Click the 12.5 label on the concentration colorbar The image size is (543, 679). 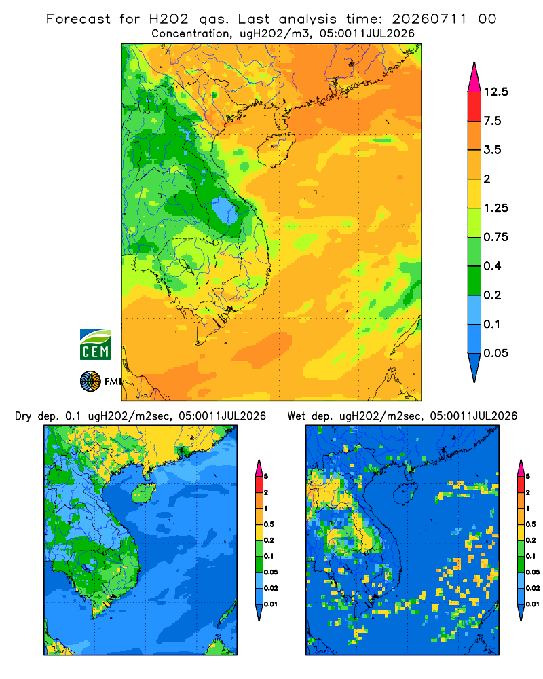(495, 92)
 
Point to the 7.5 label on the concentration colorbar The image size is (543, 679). (492, 121)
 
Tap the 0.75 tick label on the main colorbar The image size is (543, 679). (495, 237)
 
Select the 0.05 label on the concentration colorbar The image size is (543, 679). (495, 353)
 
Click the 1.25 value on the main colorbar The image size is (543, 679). (495, 208)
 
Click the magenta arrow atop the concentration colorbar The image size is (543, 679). (474, 77)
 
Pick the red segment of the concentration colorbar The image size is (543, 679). (474, 107)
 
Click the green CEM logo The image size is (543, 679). (95, 345)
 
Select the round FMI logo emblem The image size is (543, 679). (90, 382)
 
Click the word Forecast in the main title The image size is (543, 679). (78, 19)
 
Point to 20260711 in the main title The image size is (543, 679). (429, 19)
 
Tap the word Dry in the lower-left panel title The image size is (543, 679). (23, 416)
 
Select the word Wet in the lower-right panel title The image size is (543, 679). (297, 416)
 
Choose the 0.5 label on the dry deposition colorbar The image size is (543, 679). (269, 524)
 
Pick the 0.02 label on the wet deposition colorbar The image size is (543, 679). (533, 588)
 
